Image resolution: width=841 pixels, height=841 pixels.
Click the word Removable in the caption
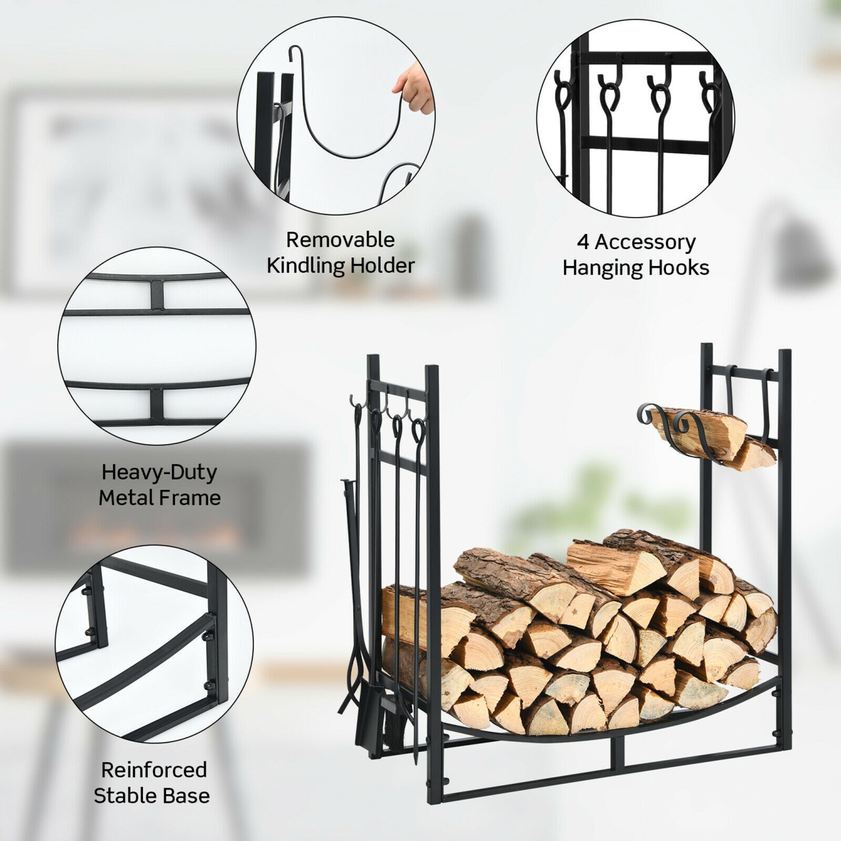[340, 240]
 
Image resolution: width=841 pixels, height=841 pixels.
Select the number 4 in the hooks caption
[583, 242]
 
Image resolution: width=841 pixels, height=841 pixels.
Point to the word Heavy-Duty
[159, 473]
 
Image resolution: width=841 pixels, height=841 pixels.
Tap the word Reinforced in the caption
[154, 770]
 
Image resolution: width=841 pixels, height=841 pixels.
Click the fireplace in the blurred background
[157, 510]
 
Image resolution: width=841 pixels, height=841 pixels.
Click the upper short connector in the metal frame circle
[156, 294]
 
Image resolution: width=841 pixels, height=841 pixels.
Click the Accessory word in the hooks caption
[645, 242]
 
